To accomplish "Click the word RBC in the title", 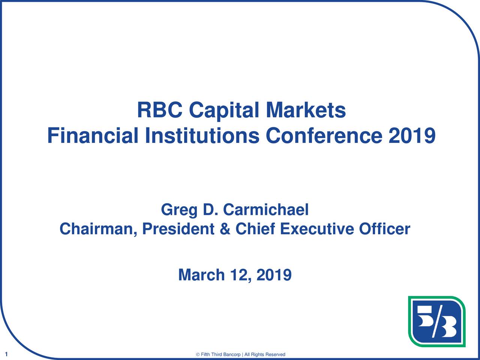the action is pos(160,110).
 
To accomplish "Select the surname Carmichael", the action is pos(266,209).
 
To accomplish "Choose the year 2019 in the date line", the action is pos(274,275).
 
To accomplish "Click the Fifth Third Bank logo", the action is pos(437,321).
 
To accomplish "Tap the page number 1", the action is pos(6,354).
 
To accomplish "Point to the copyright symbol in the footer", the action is pos(198,354).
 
